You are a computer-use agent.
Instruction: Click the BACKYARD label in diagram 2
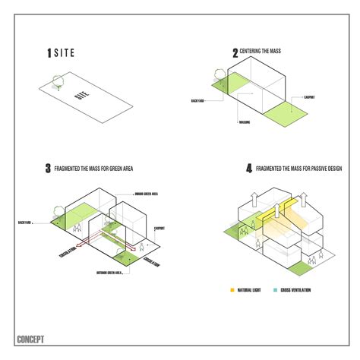pyautogui.click(x=199, y=99)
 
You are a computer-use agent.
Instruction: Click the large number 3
pyautogui.click(x=47, y=167)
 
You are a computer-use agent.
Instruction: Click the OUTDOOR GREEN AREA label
pyautogui.click(x=111, y=271)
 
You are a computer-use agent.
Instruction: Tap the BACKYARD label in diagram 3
pyautogui.click(x=25, y=223)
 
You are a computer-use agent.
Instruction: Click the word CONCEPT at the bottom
pyautogui.click(x=30, y=339)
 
